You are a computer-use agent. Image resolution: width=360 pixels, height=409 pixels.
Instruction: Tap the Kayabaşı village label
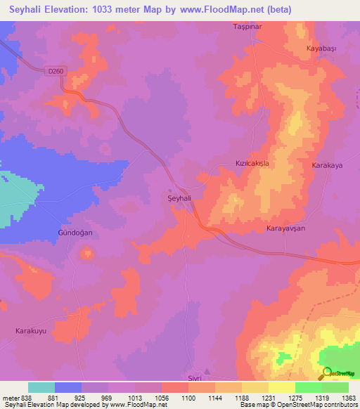[x=322, y=48]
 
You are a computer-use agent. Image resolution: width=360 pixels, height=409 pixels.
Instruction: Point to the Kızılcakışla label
[x=252, y=163]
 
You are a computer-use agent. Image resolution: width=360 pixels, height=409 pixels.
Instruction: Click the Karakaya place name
[x=326, y=165]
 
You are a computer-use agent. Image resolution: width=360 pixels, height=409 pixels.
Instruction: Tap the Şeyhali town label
[x=180, y=199]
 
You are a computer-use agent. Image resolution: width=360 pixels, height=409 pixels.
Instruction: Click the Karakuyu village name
[x=33, y=330]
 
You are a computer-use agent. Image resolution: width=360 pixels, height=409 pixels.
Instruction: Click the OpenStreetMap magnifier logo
[x=327, y=373]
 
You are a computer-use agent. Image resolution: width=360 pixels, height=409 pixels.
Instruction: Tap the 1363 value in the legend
[x=349, y=398]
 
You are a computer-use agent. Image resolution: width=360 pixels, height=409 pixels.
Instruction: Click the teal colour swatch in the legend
[x=41, y=387]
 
